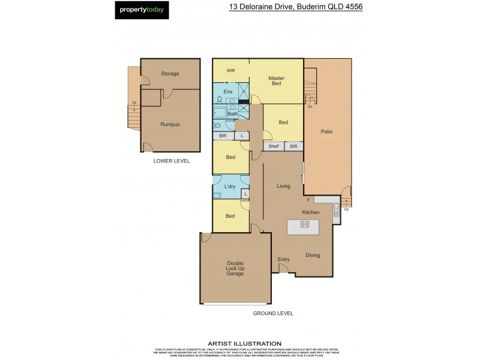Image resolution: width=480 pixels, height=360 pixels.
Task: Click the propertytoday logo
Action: (x=142, y=10)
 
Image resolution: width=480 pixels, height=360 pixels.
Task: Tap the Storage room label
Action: (x=170, y=74)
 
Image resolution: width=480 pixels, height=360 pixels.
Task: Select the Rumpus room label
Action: (x=170, y=124)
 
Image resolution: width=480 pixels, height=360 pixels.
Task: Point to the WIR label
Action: (x=230, y=71)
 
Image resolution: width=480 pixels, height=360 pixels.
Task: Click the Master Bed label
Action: (x=276, y=81)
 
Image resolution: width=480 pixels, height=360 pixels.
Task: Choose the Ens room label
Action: (x=228, y=92)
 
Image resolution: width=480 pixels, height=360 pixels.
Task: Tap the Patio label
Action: (x=326, y=131)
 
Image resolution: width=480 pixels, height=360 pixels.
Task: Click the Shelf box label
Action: (x=274, y=146)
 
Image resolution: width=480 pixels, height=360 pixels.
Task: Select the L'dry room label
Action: (x=229, y=187)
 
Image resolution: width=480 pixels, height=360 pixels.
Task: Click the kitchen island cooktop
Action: (x=304, y=225)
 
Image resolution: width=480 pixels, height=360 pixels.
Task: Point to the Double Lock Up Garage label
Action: (x=235, y=268)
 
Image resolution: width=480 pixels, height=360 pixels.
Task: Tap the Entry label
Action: (x=284, y=259)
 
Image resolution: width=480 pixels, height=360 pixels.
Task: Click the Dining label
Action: (x=312, y=255)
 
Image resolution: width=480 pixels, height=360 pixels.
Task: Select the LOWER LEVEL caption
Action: (x=171, y=161)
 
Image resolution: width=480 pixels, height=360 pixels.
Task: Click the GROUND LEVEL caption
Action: (x=273, y=313)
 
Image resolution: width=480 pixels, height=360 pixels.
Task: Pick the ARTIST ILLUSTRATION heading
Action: (x=244, y=343)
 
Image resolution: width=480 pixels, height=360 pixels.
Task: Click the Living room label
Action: (x=283, y=186)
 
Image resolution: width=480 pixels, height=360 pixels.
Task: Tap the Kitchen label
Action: (x=310, y=212)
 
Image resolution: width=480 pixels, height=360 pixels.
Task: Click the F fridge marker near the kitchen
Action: (x=308, y=199)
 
